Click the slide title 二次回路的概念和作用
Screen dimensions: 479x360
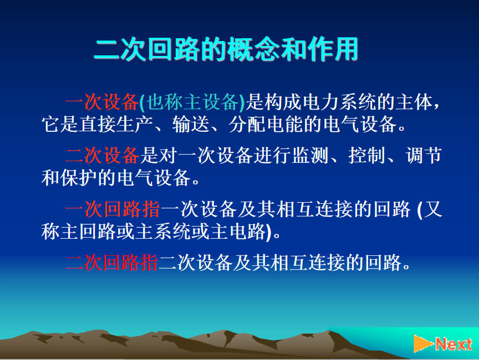pos(226,49)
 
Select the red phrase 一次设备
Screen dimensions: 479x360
pos(102,102)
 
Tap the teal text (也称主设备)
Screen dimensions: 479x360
pos(192,102)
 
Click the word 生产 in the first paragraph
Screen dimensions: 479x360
pos(135,124)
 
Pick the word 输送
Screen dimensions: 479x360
pos(191,124)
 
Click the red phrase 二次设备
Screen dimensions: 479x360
pos(102,155)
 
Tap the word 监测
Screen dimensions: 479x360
pos(310,155)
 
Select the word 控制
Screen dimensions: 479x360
pos(367,155)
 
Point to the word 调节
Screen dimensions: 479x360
pos(424,155)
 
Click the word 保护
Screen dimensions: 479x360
pos(79,178)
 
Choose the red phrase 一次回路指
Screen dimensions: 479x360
pos(113,209)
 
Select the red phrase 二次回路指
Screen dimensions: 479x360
pos(112,263)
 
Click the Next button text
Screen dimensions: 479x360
pos(453,344)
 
